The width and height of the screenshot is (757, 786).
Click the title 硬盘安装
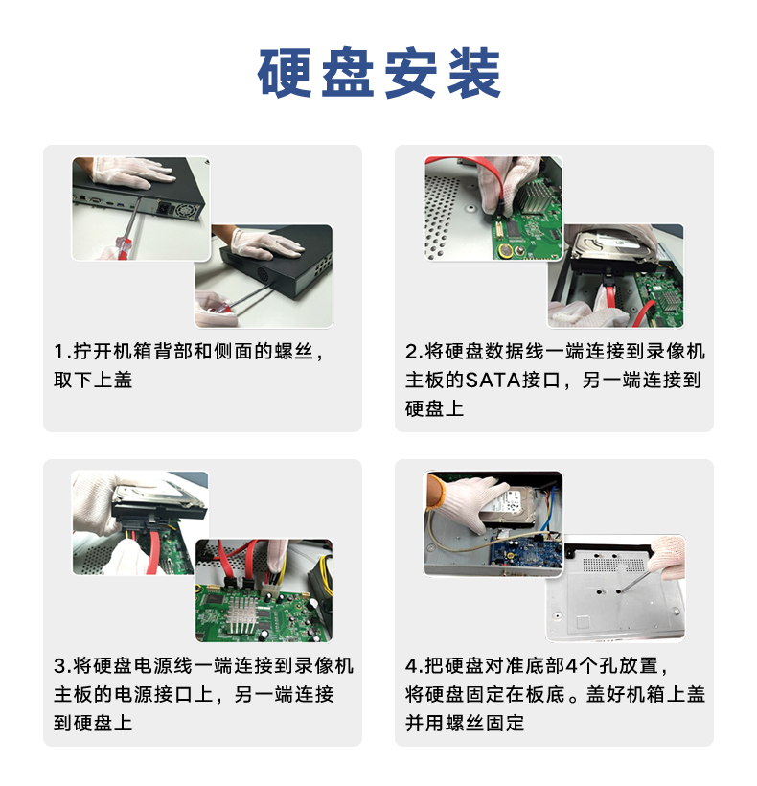[x=378, y=73]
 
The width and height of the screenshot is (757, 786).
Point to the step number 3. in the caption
[x=62, y=666]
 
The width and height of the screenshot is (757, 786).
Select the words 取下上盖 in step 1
[x=93, y=380]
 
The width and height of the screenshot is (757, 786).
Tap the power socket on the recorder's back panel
[x=166, y=206]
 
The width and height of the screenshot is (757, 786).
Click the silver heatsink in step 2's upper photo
[x=535, y=196]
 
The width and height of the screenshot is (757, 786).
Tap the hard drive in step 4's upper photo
[x=510, y=506]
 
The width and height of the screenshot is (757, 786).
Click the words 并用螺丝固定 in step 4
[x=465, y=724]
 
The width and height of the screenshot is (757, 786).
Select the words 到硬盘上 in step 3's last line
[x=93, y=724]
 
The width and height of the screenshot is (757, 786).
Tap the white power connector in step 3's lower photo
[x=269, y=585]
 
